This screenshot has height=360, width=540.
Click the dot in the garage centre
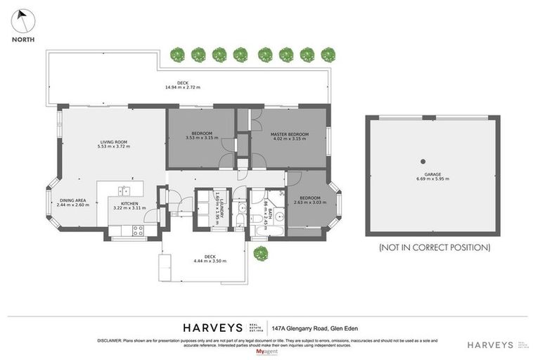[423, 160]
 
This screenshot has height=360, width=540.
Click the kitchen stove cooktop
[135, 229]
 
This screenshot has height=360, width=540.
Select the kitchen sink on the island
[123, 190]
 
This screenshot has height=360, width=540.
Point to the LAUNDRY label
[220, 207]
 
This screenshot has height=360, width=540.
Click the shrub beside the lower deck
[260, 252]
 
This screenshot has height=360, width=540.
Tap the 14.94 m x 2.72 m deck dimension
[183, 88]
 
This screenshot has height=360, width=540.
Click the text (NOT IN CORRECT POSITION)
[434, 247]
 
